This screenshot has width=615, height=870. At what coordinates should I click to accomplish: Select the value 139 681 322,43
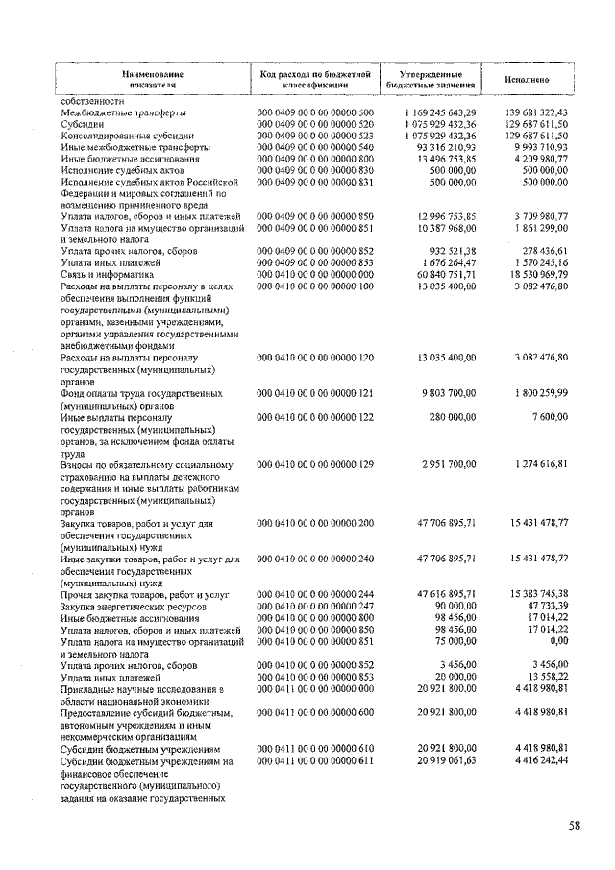[x=537, y=112]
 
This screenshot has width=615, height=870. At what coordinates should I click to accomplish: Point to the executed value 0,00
[x=558, y=640]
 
